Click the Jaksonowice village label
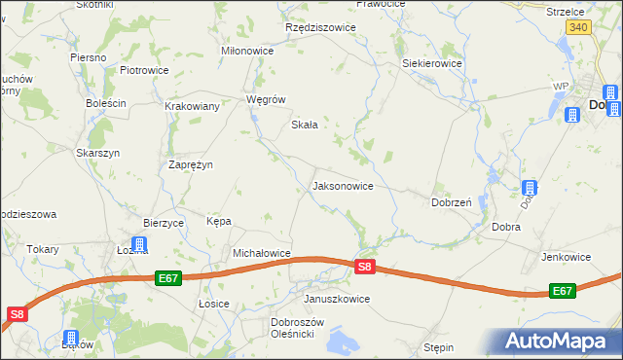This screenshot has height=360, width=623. pyautogui.click(x=342, y=185)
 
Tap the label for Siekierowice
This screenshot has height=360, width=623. pyautogui.click(x=432, y=63)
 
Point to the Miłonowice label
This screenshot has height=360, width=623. pyautogui.click(x=248, y=52)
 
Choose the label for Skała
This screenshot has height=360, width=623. pyautogui.click(x=306, y=125)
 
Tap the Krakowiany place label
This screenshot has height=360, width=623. pyautogui.click(x=192, y=106)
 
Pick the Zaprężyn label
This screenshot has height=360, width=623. pyautogui.click(x=191, y=164)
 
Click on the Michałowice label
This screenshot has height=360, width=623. pyautogui.click(x=262, y=253)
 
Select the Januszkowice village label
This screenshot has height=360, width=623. pyautogui.click(x=337, y=299)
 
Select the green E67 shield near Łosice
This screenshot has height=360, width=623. pyautogui.click(x=168, y=278)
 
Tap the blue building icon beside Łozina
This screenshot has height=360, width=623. pyautogui.click(x=139, y=244)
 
